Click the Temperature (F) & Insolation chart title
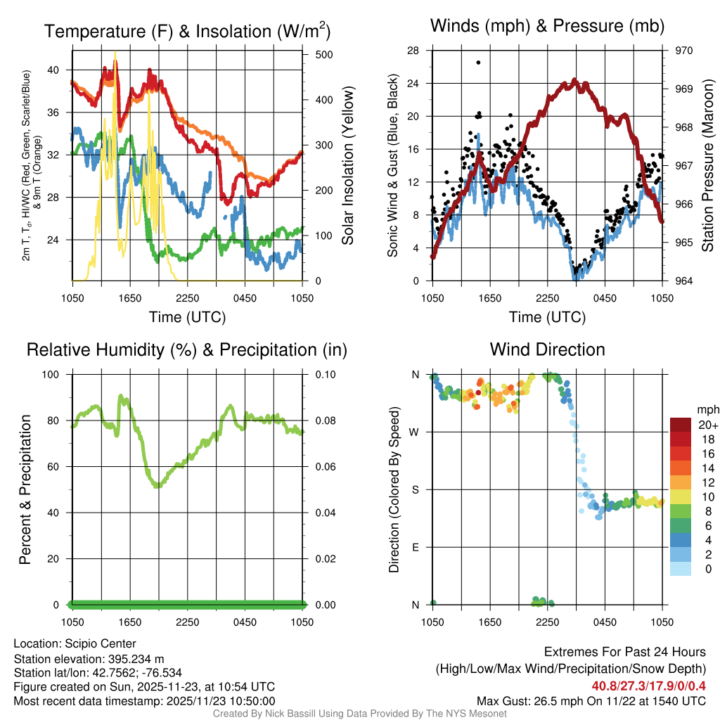187,32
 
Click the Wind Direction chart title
547,349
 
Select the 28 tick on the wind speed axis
413,51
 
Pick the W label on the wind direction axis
416,432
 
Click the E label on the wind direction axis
416,547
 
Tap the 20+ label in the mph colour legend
707,425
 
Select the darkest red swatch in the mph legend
680,425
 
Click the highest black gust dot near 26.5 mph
478,63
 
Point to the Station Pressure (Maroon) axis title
708,166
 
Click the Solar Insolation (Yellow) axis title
347,166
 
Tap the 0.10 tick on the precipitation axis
324,374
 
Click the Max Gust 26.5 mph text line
591,701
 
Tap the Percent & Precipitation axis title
25,489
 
